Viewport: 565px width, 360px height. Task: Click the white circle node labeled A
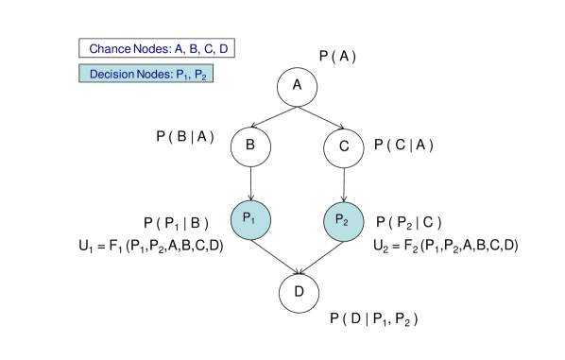pyautogui.click(x=297, y=86)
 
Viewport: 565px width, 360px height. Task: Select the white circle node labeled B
pyautogui.click(x=250, y=146)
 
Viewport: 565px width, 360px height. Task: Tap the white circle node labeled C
pyautogui.click(x=344, y=146)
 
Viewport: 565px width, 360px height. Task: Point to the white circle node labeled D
pyautogui.click(x=299, y=292)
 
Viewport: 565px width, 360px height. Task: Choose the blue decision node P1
pyautogui.click(x=250, y=219)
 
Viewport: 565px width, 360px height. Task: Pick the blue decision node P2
pyautogui.click(x=343, y=221)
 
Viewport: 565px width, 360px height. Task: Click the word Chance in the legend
pyautogui.click(x=111, y=48)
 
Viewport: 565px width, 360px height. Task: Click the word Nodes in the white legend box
pyautogui.click(x=152, y=48)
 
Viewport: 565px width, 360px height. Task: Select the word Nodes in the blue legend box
pyautogui.click(x=153, y=74)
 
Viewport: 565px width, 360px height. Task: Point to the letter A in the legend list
pyautogui.click(x=180, y=48)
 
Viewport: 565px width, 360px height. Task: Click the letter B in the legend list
pyautogui.click(x=194, y=48)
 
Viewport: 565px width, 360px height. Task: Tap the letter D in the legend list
pyautogui.click(x=223, y=48)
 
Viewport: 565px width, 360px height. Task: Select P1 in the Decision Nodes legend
pyautogui.click(x=181, y=75)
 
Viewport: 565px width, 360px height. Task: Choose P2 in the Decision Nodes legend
pyautogui.click(x=200, y=75)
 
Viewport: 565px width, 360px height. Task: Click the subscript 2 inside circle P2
pyautogui.click(x=347, y=224)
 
